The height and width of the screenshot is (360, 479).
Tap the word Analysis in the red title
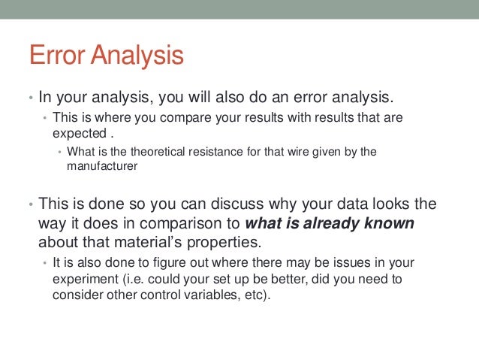(138, 56)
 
